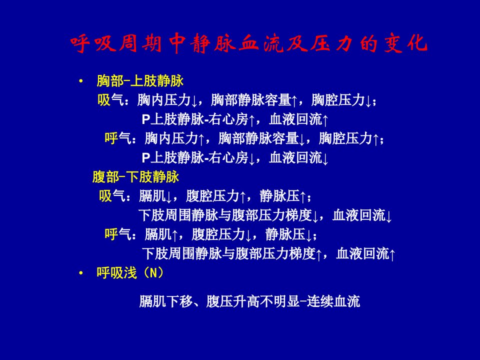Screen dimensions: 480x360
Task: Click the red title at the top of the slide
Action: pos(248,43)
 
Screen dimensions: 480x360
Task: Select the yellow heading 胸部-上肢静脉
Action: pos(140,81)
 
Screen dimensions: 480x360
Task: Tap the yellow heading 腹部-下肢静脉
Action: pos(135,177)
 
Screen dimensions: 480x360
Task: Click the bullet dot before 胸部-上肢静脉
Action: pos(81,81)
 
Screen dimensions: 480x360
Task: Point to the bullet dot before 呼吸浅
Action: pos(81,273)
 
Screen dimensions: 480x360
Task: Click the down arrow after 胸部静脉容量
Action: pos(301,139)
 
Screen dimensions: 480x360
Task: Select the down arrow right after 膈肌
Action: pos(168,197)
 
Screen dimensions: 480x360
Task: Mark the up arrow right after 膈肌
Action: pos(174,235)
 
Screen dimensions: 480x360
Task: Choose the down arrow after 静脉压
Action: pos(308,235)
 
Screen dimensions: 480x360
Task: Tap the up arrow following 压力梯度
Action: pos(318,254)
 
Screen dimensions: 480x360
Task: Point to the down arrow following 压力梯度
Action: pos(315,216)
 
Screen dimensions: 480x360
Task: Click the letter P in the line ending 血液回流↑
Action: pos(145,119)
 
